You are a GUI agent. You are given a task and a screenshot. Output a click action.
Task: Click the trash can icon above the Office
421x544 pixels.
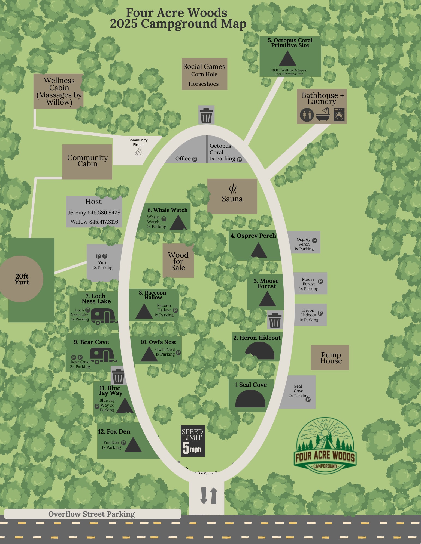[206, 115]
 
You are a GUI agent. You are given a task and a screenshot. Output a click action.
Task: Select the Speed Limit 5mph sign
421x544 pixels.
[193, 441]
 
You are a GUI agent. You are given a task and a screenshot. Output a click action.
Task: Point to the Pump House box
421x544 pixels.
[330, 358]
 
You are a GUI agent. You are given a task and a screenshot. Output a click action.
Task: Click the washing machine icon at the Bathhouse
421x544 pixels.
[339, 115]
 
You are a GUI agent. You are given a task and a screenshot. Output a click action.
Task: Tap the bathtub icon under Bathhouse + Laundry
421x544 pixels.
[323, 115]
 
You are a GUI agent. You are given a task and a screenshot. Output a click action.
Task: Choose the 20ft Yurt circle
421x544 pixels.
[22, 279]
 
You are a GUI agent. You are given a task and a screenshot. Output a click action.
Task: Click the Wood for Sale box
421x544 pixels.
[178, 261]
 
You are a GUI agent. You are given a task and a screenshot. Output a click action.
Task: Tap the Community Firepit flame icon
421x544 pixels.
[138, 152]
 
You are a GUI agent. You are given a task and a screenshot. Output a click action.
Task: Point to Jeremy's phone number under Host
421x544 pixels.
[94, 212]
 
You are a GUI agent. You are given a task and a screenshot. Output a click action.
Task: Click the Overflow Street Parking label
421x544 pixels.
[92, 514]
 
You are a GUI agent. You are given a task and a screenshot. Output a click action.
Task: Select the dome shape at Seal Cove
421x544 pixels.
[250, 399]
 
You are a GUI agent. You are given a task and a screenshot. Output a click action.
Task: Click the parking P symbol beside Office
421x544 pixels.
[195, 159]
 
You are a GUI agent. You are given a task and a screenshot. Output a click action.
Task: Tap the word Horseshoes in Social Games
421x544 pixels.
[204, 84]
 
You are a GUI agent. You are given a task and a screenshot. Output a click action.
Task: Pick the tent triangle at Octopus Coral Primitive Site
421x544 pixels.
[287, 58]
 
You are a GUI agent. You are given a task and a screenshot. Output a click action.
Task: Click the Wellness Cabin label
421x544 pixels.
[59, 91]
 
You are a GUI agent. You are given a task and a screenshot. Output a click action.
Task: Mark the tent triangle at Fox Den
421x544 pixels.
[133, 445]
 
